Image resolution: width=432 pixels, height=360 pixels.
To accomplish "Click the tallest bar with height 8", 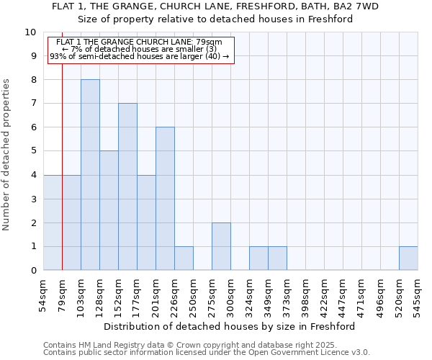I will pyautogui.click(x=90, y=175).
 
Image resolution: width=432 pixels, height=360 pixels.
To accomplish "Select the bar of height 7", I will pyautogui.click(x=127, y=186).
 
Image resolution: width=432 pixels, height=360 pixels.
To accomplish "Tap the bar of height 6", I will pyautogui.click(x=165, y=199).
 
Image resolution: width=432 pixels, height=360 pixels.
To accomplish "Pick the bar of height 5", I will pyautogui.click(x=109, y=210).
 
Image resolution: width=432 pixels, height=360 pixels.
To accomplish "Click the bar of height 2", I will pyautogui.click(x=221, y=246).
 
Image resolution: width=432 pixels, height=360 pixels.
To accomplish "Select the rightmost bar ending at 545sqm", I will pyautogui.click(x=408, y=258).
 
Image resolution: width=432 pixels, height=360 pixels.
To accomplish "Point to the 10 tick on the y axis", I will pyautogui.click(x=30, y=32).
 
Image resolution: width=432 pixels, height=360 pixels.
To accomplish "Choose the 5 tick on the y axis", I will pyautogui.click(x=33, y=151).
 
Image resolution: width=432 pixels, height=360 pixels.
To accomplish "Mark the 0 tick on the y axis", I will pyautogui.click(x=33, y=271).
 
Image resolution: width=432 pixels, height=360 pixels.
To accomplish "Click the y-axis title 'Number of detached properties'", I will pyautogui.click(x=7, y=156).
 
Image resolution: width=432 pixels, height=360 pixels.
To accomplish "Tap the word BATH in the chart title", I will pyautogui.click(x=294, y=6).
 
